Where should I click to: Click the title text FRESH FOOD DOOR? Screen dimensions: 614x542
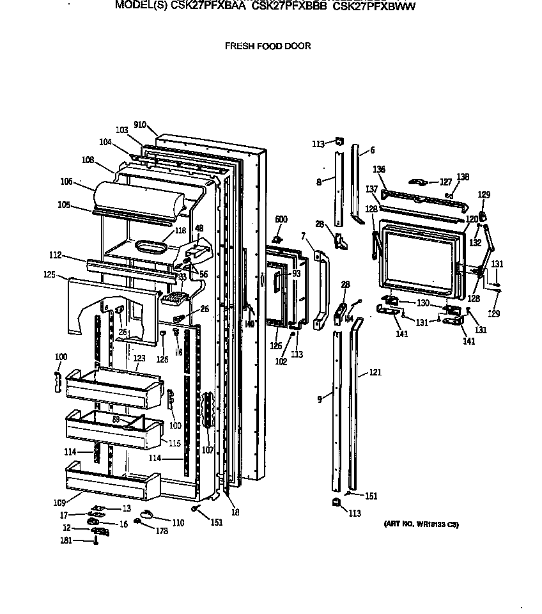click(267, 46)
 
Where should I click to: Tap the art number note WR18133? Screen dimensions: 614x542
click(421, 524)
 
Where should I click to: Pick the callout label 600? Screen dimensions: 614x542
click(281, 219)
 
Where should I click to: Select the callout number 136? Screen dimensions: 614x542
click(380, 169)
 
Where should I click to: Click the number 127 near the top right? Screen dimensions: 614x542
click(445, 182)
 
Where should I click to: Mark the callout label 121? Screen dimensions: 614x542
click(375, 372)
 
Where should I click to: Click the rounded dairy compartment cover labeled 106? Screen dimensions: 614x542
click(137, 198)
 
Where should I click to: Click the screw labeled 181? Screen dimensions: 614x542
click(95, 542)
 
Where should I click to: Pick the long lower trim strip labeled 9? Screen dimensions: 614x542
click(336, 409)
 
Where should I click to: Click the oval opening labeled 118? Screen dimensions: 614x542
click(150, 247)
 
